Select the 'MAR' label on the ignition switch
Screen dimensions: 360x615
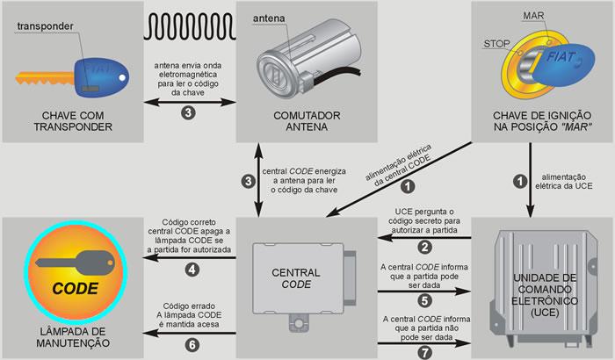(532, 17)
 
